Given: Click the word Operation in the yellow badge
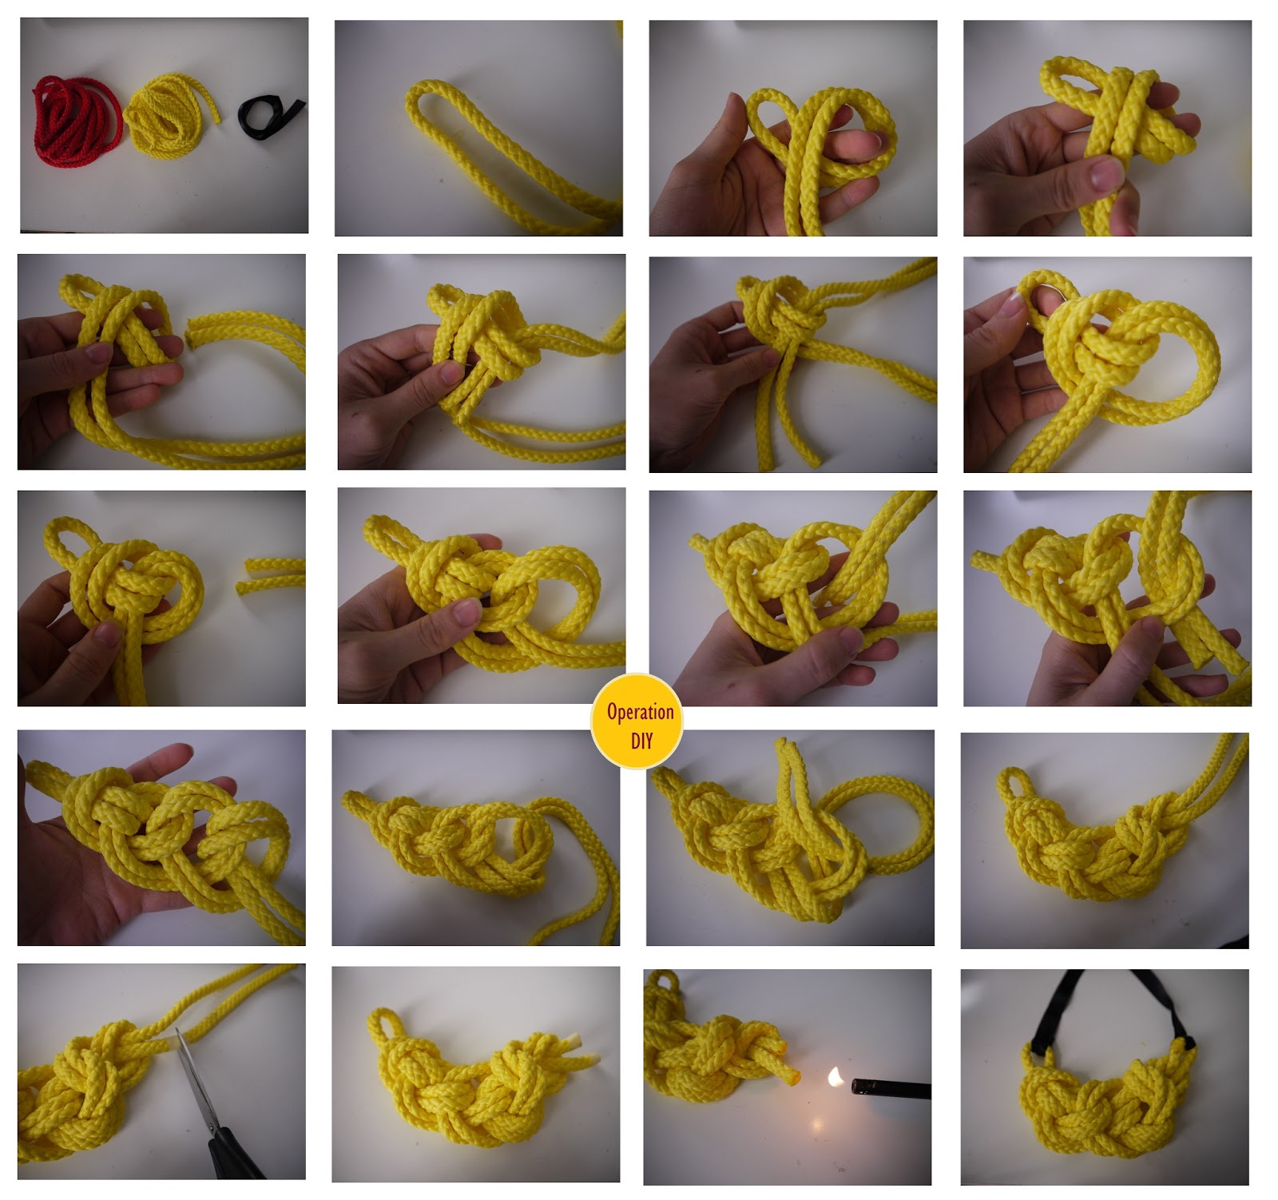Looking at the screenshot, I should click(x=640, y=712).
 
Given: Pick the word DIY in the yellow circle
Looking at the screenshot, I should click(x=641, y=741).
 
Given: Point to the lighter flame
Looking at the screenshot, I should click(x=836, y=1077).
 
